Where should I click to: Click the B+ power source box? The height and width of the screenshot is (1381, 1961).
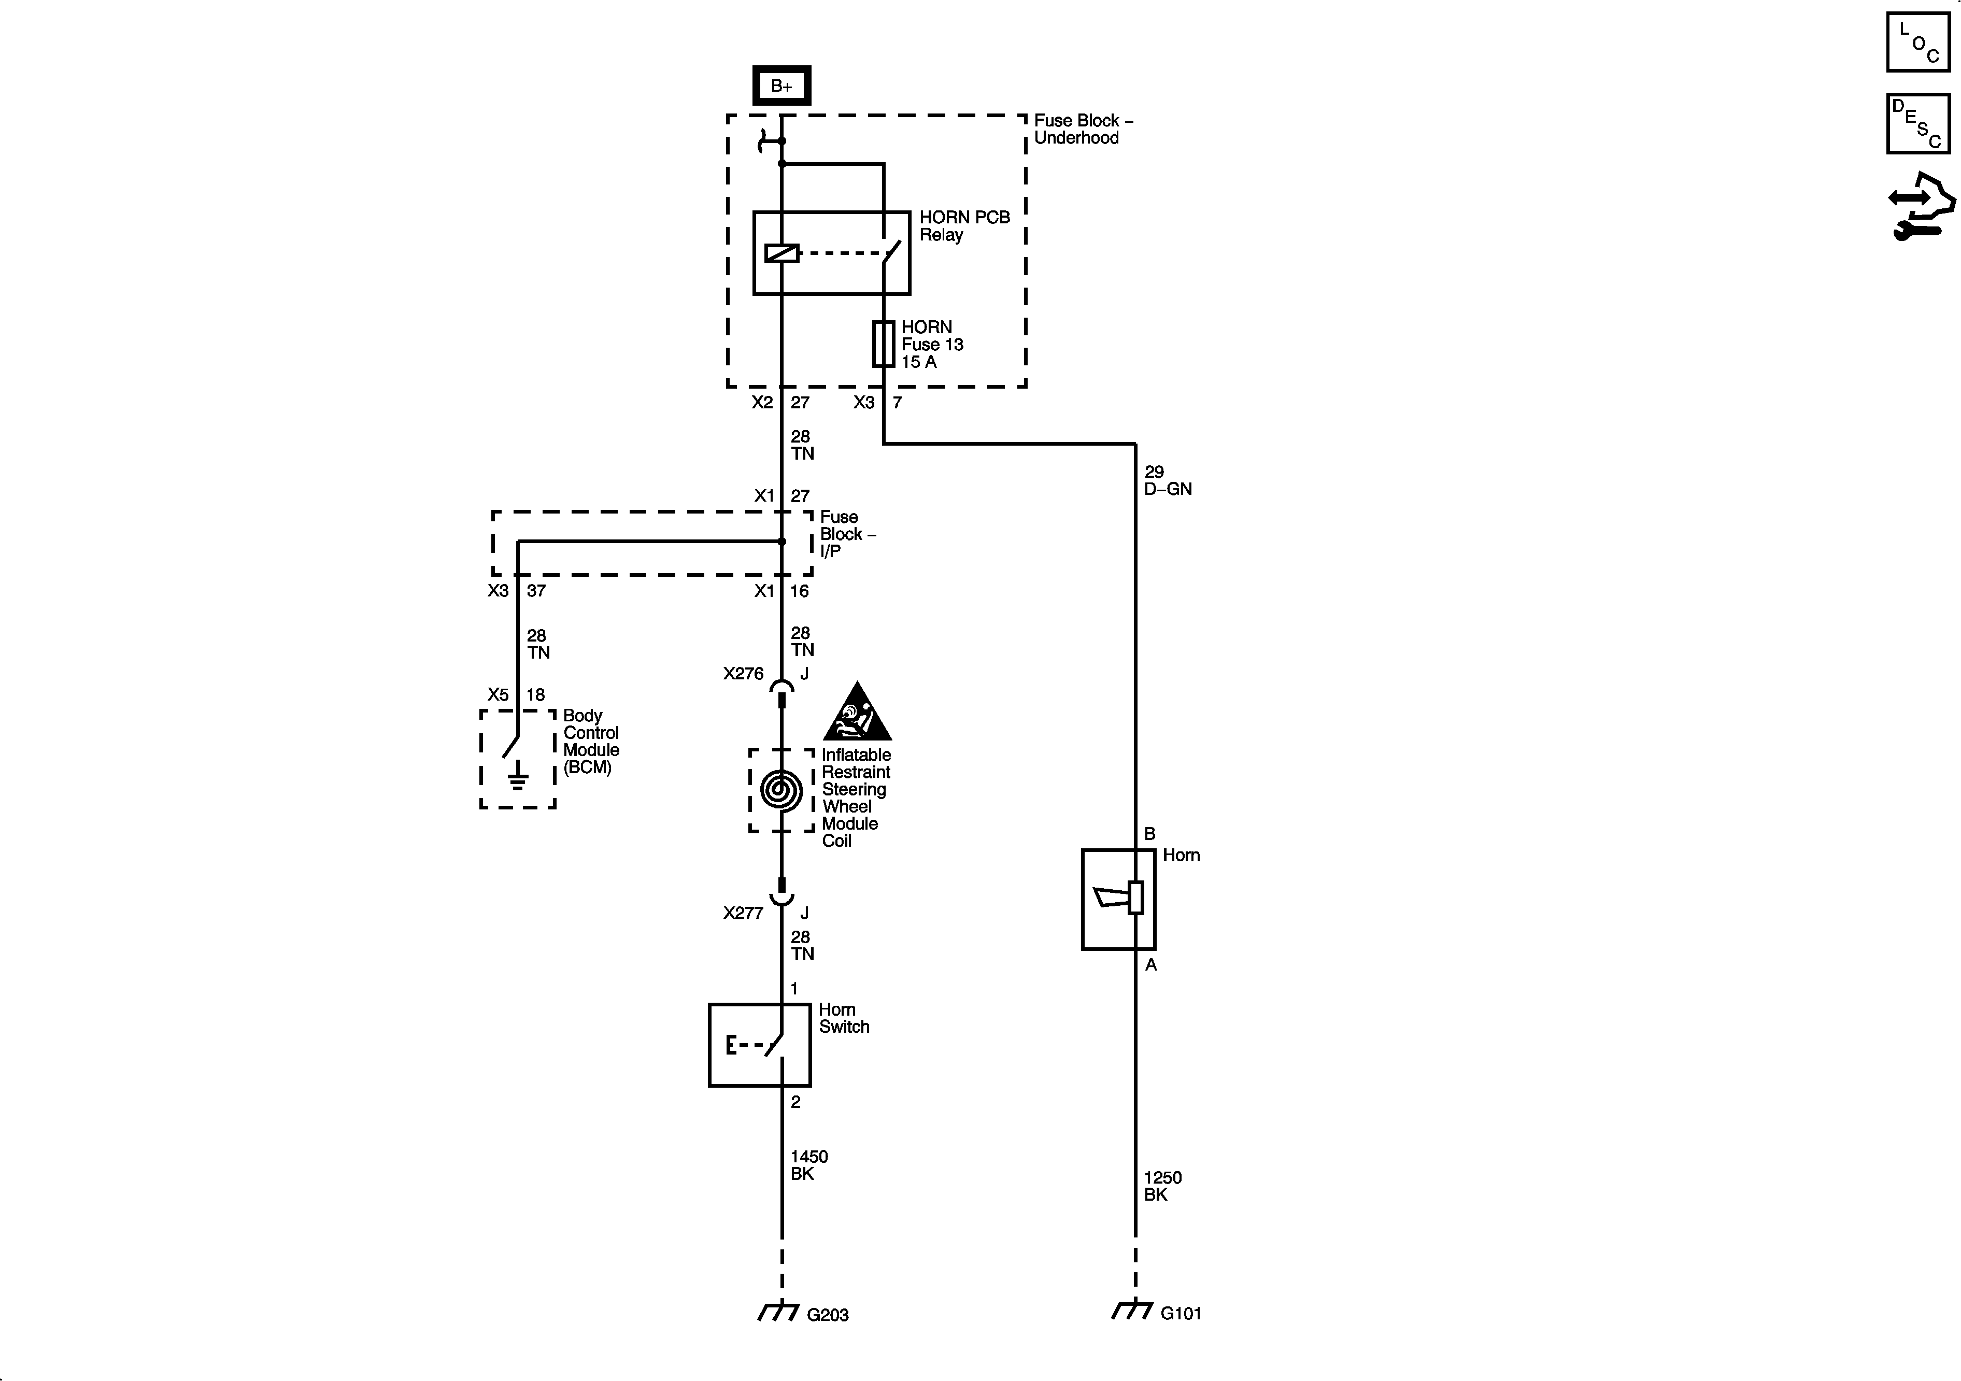pos(780,86)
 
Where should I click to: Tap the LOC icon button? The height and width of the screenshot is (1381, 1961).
pos(1917,42)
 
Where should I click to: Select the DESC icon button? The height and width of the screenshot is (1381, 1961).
pos(1917,124)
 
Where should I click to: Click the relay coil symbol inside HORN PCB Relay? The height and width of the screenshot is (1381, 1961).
pos(781,253)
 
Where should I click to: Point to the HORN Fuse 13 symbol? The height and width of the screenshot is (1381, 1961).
pos(883,344)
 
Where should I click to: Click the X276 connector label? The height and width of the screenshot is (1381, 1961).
pos(743,674)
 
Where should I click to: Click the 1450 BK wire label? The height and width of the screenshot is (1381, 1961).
pos(808,1165)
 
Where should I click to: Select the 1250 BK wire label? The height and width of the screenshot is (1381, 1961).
pos(1162,1186)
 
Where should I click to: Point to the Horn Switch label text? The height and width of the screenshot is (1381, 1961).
pos(843,1018)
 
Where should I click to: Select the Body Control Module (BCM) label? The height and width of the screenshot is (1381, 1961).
pos(591,742)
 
